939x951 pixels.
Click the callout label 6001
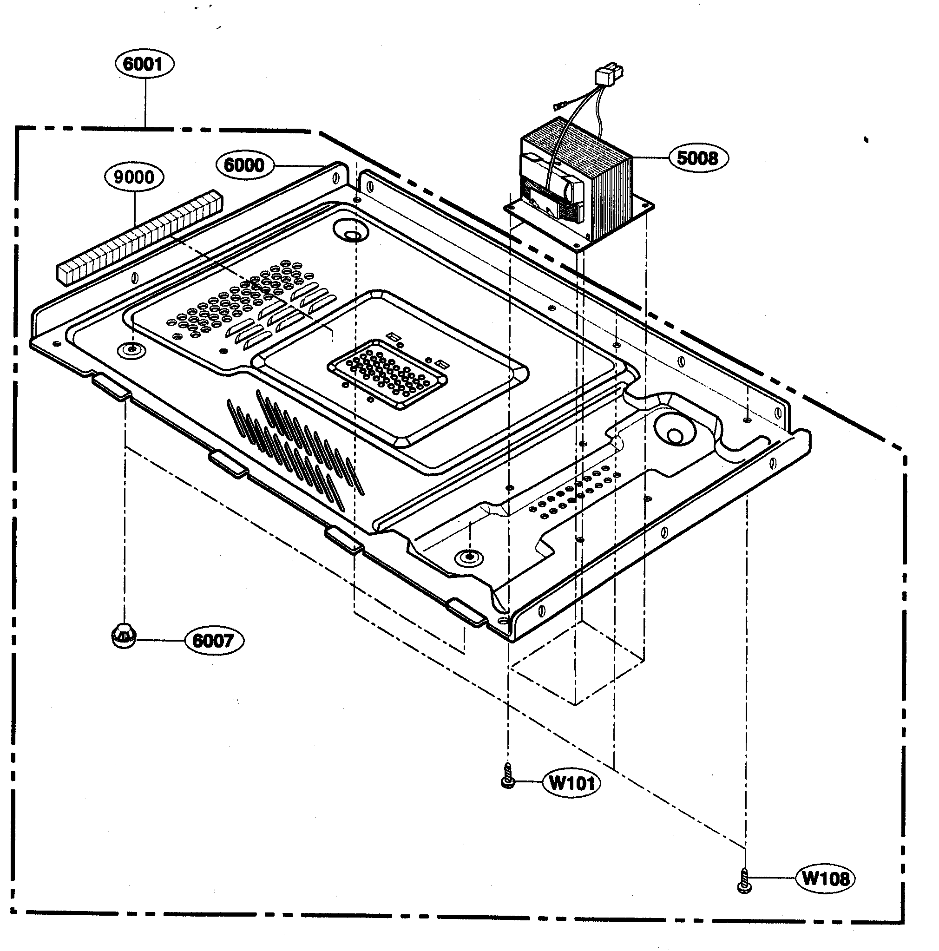[x=144, y=64]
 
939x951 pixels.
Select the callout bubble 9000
[x=133, y=177]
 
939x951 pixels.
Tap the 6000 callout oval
[x=245, y=165]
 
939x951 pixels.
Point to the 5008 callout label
[x=698, y=158]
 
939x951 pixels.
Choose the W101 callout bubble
[x=571, y=783]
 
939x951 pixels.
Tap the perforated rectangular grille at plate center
[x=387, y=374]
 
